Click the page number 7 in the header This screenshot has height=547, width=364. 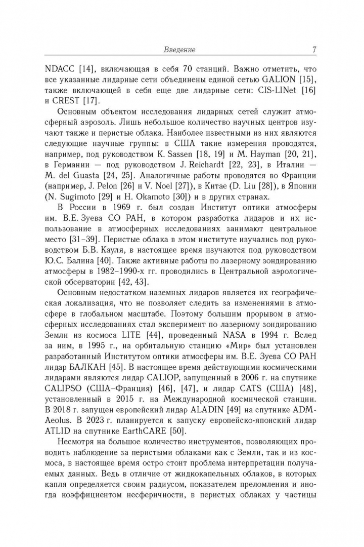pos(314,50)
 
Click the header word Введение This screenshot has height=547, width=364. pos(180,50)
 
